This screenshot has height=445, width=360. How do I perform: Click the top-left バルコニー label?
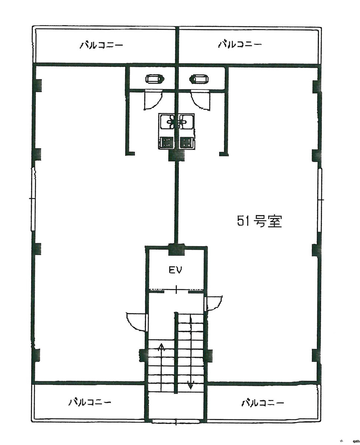pyautogui.click(x=101, y=45)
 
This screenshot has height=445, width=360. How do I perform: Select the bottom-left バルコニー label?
pyautogui.click(x=90, y=402)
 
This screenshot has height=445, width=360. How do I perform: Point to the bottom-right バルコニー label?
pyautogui.click(x=263, y=403)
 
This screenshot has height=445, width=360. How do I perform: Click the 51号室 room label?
pyautogui.click(x=260, y=222)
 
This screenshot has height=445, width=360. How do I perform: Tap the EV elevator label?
pyautogui.click(x=175, y=270)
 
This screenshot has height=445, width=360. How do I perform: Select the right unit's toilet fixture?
pyautogui.click(x=199, y=79)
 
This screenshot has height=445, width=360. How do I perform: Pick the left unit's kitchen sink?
pyautogui.click(x=167, y=121)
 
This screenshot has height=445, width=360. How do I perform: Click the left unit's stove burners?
pyautogui.click(x=167, y=142)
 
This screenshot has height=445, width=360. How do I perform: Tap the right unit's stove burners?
pyautogui.click(x=187, y=142)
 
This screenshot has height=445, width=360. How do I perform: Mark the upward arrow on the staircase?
pyautogui.click(x=161, y=348)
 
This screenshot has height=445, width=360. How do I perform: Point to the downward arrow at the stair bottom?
pyautogui.click(x=191, y=385)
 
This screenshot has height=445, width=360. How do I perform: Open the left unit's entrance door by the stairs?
pyautogui.click(x=137, y=321)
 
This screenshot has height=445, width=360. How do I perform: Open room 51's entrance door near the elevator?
pyautogui.click(x=214, y=302)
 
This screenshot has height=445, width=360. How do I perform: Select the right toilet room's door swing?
pyautogui.click(x=200, y=101)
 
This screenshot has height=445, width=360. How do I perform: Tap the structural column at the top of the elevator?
pyautogui.click(x=176, y=249)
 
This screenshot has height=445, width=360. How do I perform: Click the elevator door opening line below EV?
pyautogui.click(x=176, y=289)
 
